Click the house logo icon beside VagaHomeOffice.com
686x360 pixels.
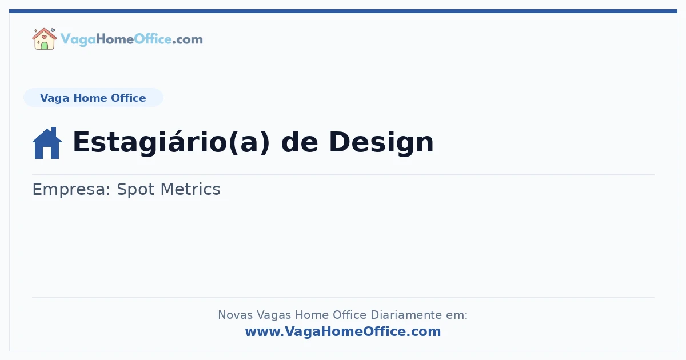point(44,39)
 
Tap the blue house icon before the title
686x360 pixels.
point(47,143)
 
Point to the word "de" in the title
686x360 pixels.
point(300,142)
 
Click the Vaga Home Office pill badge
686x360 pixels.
point(93,98)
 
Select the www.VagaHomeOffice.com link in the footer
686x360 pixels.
point(343,331)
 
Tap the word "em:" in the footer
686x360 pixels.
point(457,315)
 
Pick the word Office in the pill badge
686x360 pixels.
point(129,98)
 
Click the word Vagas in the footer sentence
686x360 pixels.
point(273,315)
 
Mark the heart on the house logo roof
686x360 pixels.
point(44,34)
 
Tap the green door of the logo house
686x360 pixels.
point(44,45)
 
